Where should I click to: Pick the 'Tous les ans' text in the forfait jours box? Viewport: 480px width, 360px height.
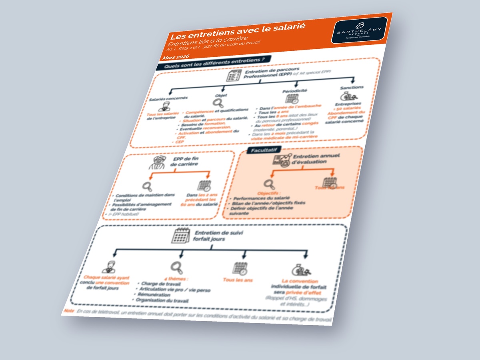coord(238,280)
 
